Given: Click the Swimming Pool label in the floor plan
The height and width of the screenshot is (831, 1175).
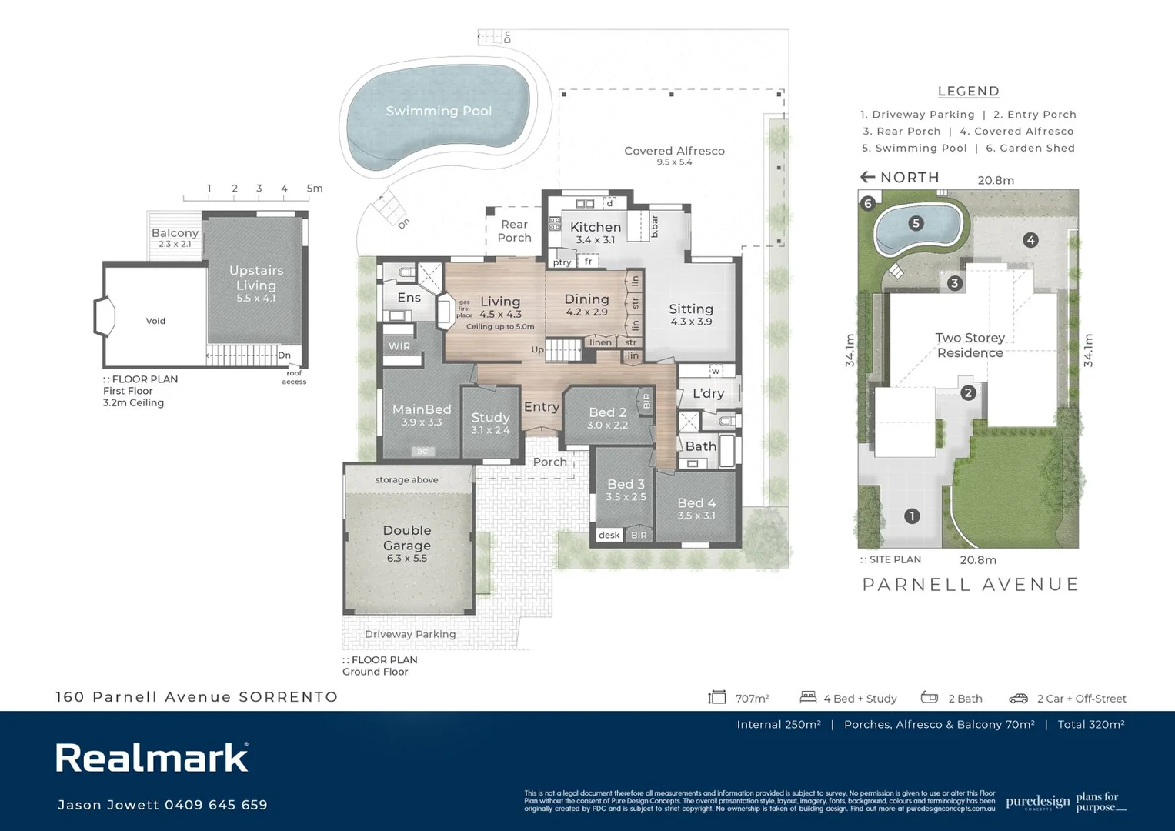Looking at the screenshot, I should point(438,111).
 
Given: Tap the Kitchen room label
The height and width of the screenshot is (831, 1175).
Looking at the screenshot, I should point(595,227).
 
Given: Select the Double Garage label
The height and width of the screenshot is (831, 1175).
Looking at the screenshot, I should point(406,538).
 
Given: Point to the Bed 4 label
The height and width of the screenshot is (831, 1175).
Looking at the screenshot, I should point(696,502).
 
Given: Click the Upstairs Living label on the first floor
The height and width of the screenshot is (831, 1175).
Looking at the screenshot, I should point(255,278).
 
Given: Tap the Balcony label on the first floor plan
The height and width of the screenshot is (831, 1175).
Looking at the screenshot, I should point(175,232).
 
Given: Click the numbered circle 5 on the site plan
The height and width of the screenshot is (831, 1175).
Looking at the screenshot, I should point(915,223).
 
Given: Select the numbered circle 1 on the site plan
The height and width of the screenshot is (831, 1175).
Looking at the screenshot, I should point(912,516).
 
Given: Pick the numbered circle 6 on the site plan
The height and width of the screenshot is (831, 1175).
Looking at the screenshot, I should point(868,203).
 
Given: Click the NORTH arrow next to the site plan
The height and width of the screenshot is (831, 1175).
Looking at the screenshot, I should point(868,177).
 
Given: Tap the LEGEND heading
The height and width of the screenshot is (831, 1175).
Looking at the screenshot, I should point(968,91).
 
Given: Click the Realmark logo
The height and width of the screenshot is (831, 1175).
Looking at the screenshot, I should point(152,758).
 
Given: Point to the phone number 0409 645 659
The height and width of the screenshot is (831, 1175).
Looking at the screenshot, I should point(215,805).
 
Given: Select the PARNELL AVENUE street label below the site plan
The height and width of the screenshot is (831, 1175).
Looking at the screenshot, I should point(970,584).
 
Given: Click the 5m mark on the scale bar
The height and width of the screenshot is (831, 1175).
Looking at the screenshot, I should point(314,189).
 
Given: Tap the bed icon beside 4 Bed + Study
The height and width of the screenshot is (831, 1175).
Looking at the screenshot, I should point(807,697).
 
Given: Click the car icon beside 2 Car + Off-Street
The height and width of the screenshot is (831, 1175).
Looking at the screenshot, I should point(1018,698).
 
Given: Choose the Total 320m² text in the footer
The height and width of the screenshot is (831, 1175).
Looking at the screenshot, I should point(1090,724).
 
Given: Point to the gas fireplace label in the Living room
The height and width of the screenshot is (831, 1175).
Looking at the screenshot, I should point(464,309).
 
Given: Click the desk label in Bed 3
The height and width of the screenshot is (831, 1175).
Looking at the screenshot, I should point(609,535).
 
